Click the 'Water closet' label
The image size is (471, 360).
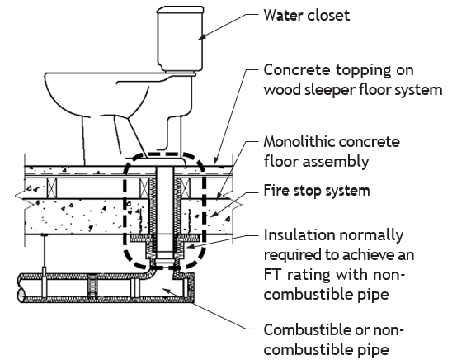pyautogui.click(x=307, y=15)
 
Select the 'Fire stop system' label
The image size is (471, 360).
pyautogui.click(x=317, y=191)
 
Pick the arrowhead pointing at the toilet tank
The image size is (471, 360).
pyautogui.click(x=202, y=36)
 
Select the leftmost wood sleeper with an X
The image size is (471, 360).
pyautogui.click(x=52, y=188)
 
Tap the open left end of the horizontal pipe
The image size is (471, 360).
pyautogui.click(x=21, y=288)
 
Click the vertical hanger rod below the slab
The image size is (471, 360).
pyautogui.click(x=45, y=252)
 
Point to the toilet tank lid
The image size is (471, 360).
pyautogui.click(x=180, y=10)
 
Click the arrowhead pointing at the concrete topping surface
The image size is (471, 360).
pyautogui.click(x=216, y=161)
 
